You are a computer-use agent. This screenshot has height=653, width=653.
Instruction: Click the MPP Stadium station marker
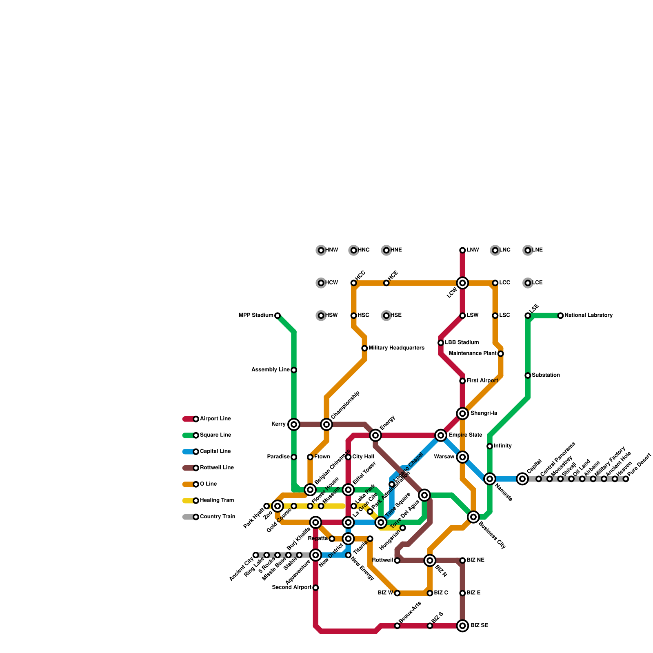coord(278,315)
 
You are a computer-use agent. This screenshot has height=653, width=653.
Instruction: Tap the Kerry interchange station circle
coord(294,424)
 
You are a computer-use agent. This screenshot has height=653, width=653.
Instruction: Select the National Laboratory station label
coord(589,315)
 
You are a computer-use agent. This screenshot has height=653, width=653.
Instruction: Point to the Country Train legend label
coord(217,517)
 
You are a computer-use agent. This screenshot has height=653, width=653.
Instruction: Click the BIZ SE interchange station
coord(462,626)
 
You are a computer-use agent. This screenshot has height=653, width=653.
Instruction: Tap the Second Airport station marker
coord(315,588)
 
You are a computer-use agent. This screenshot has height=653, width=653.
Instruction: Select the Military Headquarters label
coord(396,348)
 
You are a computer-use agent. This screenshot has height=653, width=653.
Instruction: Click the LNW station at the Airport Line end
coord(462,250)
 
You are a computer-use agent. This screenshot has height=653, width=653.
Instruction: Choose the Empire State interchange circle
coord(441,435)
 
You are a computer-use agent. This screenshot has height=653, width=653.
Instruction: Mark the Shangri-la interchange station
coord(462,413)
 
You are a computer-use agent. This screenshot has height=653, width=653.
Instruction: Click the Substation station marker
coord(528,375)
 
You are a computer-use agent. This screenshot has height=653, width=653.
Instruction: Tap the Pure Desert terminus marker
coord(626,479)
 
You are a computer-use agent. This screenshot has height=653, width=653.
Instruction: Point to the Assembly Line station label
coord(270,370)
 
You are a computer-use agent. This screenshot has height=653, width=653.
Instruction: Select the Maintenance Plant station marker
coord(501,353)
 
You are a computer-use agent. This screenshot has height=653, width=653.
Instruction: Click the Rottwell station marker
coord(397,560)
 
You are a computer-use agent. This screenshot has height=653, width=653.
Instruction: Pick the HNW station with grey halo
coord(321,250)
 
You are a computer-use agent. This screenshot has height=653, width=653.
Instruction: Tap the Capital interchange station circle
coord(522,479)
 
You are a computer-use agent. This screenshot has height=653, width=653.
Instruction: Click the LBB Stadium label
coord(462,342)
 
